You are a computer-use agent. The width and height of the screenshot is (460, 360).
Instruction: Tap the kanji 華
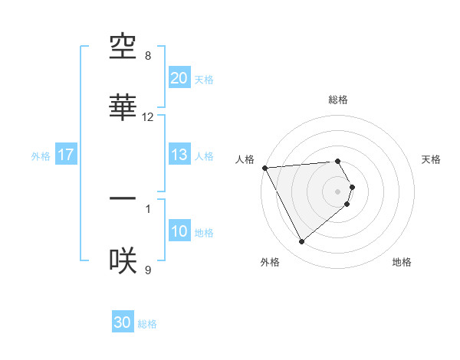pyautogui.click(x=123, y=108)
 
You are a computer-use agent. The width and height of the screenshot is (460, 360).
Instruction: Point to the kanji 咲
pyautogui.click(x=123, y=260)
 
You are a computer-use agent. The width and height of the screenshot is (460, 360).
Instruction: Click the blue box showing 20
pyautogui.click(x=179, y=78)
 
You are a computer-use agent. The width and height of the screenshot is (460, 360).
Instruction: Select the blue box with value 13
pyautogui.click(x=179, y=155)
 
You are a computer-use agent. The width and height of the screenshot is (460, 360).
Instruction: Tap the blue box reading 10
pyautogui.click(x=179, y=231)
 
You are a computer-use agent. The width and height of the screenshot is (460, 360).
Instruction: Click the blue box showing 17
pyautogui.click(x=66, y=155)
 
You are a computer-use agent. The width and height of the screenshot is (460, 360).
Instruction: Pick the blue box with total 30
pyautogui.click(x=123, y=322)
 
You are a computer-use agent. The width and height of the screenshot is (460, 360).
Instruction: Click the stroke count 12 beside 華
pyautogui.click(x=148, y=117)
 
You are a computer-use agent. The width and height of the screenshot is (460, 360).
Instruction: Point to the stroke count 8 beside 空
pyautogui.click(x=148, y=56)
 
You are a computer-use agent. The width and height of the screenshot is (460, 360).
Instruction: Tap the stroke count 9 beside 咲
pyautogui.click(x=148, y=270)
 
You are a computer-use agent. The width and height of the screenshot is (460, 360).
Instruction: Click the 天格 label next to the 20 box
pyautogui.click(x=204, y=80)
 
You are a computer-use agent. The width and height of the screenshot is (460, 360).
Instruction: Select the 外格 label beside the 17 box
pyautogui.click(x=41, y=155)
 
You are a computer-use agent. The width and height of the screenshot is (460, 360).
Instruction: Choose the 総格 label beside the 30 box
pyautogui.click(x=147, y=324)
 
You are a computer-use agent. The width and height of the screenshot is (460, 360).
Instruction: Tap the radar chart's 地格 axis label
pyautogui.click(x=402, y=262)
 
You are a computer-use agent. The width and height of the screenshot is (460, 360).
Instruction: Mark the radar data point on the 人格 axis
pyautogui.click(x=264, y=168)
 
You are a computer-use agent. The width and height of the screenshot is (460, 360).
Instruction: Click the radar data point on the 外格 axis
pyautogui.click(x=301, y=242)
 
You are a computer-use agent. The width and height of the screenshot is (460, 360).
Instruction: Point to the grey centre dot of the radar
pyautogui.click(x=338, y=191)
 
